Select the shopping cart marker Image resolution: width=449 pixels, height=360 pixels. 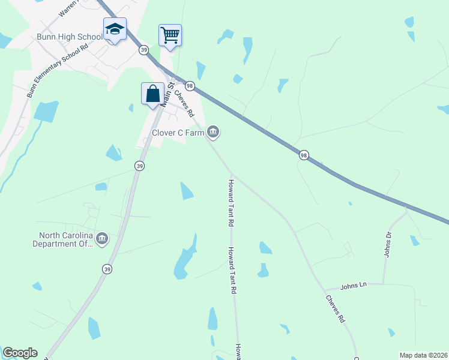[x=170, y=35]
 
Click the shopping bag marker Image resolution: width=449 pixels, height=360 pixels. [x=153, y=94]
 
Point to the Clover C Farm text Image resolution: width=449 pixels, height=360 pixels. [x=178, y=133]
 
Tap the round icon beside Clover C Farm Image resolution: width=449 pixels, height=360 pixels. [x=213, y=132]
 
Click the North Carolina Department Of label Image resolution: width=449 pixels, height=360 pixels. [x=65, y=240]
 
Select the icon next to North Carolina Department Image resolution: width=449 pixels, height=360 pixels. [x=101, y=239]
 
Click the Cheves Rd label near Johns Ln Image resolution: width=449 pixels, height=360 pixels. [x=335, y=309]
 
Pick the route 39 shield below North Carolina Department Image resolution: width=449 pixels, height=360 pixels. [x=107, y=269]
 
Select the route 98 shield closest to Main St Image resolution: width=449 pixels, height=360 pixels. [x=190, y=86]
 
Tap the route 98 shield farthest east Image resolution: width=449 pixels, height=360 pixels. [x=304, y=155]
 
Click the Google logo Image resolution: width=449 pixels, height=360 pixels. [x=20, y=353]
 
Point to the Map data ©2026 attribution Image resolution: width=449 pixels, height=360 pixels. [x=423, y=355]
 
